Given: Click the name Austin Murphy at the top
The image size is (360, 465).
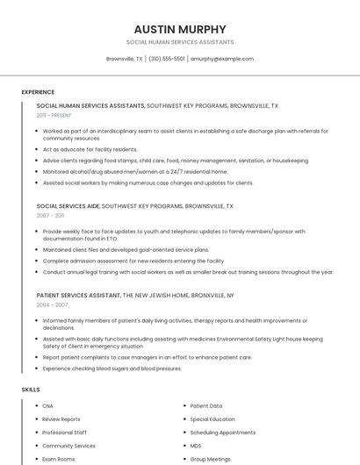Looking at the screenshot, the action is (180, 29).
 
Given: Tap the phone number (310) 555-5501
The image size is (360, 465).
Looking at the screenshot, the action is (167, 59).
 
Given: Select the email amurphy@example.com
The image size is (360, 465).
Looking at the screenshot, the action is (222, 59).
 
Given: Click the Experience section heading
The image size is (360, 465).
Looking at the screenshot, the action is (38, 92).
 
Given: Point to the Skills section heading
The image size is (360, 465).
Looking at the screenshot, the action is (30, 389).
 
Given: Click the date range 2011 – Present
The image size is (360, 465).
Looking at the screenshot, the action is (54, 115).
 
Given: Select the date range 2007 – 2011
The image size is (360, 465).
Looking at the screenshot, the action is (50, 215).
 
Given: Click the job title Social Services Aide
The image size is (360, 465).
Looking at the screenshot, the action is (68, 205).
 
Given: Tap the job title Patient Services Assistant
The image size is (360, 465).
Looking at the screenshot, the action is (78, 296).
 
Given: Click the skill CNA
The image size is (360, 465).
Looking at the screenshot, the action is (47, 406).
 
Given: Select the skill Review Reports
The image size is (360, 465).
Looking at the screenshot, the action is (61, 419).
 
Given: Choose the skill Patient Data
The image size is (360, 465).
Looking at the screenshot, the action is (206, 406).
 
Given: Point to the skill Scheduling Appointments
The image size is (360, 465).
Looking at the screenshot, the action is (222, 433).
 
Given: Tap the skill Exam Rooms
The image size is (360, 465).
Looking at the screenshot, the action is (59, 459).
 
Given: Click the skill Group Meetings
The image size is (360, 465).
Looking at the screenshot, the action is (210, 459).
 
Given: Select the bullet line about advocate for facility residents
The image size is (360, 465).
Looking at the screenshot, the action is (90, 149).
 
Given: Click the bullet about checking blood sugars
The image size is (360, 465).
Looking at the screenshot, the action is (112, 368).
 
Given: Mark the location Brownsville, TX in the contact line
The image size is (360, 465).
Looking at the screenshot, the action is (124, 59).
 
